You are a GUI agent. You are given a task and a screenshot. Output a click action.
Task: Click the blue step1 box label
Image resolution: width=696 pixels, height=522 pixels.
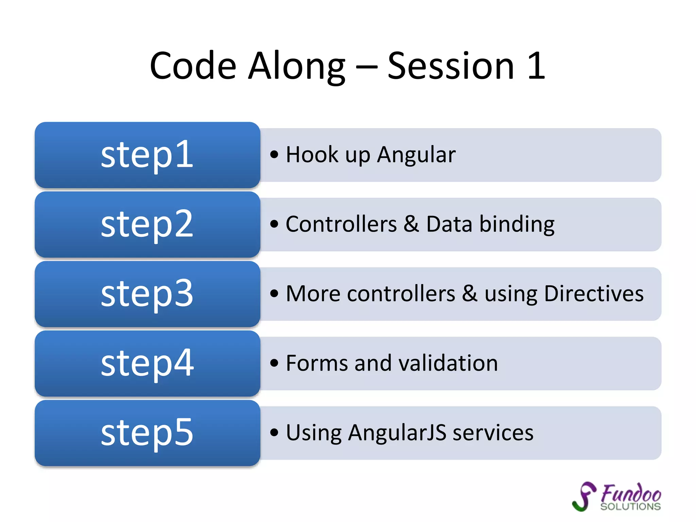pos(147,155)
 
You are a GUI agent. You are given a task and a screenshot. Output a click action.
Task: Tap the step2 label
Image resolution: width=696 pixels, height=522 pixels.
pos(147,224)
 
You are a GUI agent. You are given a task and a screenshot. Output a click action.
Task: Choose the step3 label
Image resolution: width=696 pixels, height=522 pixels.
pos(147,294)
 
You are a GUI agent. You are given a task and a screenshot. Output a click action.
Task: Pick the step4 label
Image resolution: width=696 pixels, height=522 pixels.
pos(147,363)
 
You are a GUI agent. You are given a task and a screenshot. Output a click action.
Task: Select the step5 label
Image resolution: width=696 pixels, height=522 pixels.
pos(147,433)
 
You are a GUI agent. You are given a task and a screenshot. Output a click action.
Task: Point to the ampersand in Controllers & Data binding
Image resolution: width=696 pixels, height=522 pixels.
pos(411,224)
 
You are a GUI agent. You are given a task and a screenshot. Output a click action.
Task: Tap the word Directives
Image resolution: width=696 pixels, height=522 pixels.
pos(593,294)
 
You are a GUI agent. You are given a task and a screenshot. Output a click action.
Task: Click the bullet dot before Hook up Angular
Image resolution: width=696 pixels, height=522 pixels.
pos(274,155)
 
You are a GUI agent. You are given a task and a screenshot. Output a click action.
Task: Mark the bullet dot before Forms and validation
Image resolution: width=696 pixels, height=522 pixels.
pos(274,363)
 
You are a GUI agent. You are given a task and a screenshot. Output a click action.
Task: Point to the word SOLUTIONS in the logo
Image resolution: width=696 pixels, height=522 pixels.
pos(630,506)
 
